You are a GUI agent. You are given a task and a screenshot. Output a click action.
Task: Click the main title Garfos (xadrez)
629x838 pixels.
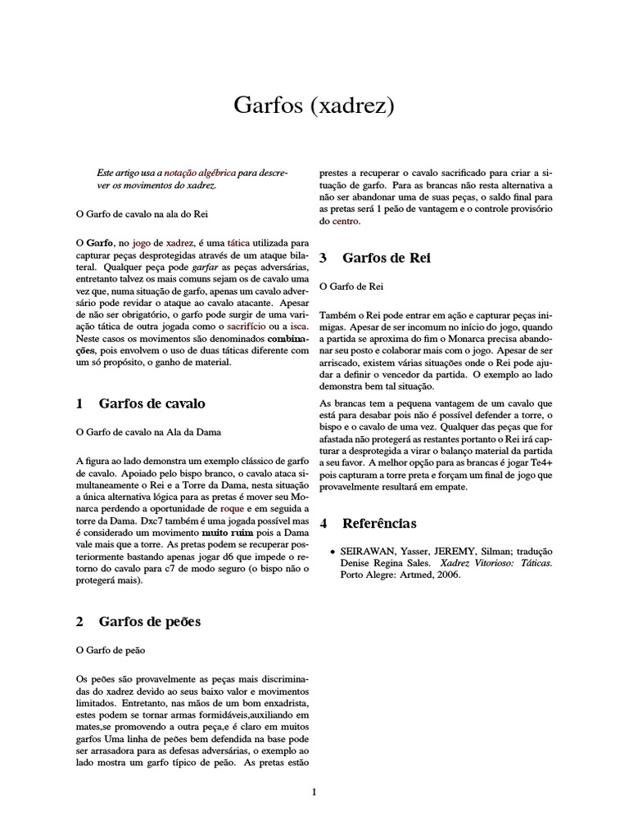coord(314,105)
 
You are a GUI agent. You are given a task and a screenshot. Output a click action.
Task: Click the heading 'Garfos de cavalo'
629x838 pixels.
coord(152,403)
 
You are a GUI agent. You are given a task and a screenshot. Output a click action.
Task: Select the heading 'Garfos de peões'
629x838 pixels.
coord(150,621)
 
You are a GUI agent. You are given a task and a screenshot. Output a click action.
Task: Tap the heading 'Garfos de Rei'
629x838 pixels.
coord(386,257)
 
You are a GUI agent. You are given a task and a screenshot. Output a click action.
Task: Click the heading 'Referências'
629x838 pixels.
coord(379,522)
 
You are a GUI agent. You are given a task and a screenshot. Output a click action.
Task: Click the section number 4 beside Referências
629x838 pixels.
coord(324,522)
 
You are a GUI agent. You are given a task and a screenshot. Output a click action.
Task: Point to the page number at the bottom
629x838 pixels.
coord(314,791)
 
